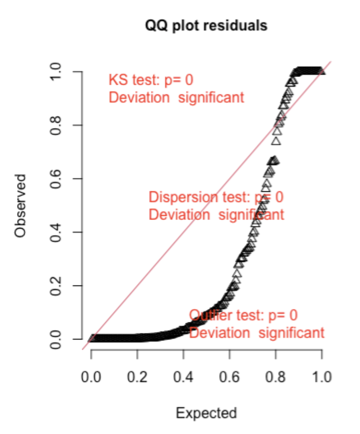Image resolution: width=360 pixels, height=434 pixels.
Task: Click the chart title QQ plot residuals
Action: click(206, 26)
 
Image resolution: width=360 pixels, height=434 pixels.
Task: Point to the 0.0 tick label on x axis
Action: click(91, 376)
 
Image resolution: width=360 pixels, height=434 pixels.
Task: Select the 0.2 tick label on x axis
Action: click(137, 376)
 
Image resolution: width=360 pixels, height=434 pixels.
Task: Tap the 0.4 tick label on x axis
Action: click(183, 376)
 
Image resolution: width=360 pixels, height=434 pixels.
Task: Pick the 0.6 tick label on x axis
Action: click(230, 376)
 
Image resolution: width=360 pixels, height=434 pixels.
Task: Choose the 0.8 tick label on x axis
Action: click(276, 376)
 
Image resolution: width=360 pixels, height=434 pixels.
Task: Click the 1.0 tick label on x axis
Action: click(321, 376)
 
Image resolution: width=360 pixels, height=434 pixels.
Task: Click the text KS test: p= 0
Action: click(151, 80)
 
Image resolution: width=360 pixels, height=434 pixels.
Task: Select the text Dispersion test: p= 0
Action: click(216, 197)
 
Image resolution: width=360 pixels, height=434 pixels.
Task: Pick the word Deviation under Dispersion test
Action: click(179, 215)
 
